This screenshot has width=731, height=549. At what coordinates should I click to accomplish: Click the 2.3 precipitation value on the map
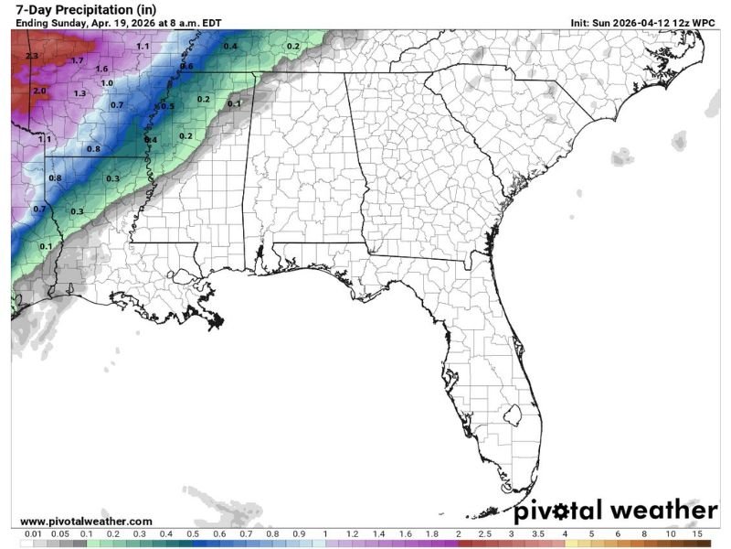[x=33, y=57]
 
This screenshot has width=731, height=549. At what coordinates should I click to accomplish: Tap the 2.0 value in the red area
[x=39, y=91]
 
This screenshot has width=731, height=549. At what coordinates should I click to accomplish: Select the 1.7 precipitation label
[x=78, y=61]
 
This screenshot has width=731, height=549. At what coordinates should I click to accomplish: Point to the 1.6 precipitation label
[x=101, y=70]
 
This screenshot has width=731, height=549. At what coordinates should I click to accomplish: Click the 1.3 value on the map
[x=80, y=93]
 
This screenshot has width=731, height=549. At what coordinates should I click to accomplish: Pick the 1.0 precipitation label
[x=107, y=83]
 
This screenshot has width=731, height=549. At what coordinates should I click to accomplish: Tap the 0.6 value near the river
[x=187, y=67]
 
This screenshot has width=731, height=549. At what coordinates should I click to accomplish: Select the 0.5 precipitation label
[x=167, y=107]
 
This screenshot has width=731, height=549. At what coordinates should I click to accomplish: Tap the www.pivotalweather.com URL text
[x=86, y=521]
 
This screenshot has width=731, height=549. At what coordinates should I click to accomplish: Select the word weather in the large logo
[x=663, y=510]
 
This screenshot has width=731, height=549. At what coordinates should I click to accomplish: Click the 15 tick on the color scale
[x=697, y=533]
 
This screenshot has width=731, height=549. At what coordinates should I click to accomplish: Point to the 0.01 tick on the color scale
[x=33, y=533]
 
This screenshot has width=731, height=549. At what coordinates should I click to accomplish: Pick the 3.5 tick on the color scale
[x=538, y=533]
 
